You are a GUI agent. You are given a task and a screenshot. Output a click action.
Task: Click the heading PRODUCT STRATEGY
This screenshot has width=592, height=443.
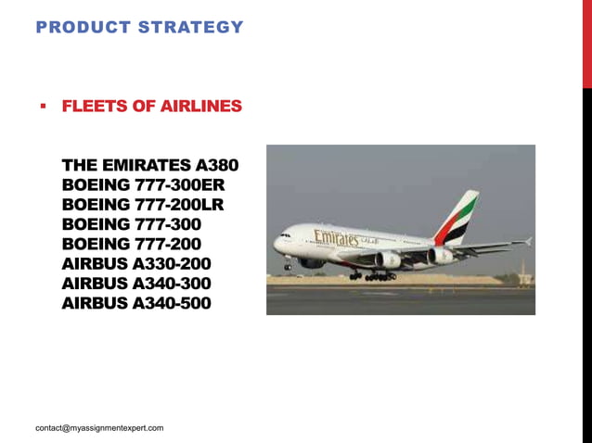139,27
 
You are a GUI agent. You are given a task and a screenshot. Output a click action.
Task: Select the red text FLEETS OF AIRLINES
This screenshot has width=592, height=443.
151,107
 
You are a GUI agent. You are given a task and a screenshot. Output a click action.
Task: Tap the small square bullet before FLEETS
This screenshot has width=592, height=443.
43,106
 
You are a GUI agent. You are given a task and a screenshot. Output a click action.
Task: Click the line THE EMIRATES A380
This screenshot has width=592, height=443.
149,166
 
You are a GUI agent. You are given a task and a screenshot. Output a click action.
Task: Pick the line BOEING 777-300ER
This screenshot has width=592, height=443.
143,185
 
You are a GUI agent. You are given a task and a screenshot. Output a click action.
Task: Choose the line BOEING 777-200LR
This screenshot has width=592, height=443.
143,205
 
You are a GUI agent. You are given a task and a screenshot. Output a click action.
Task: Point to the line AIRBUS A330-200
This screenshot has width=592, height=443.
135,263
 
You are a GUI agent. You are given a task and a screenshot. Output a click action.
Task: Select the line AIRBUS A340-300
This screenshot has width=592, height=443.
135,283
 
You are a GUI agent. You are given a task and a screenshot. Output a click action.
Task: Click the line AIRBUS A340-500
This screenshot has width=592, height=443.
135,302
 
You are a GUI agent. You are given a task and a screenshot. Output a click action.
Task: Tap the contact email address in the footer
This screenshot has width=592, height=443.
99,428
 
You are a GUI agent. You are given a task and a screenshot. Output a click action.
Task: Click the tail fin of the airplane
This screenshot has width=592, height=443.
459,217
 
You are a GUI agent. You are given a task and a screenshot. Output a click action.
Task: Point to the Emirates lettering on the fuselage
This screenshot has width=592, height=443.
335,238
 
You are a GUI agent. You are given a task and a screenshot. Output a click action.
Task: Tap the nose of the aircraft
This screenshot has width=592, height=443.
277,245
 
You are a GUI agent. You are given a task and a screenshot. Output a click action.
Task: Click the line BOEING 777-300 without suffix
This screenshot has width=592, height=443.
131,224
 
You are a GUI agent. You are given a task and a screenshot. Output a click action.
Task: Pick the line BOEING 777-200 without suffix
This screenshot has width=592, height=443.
131,244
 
